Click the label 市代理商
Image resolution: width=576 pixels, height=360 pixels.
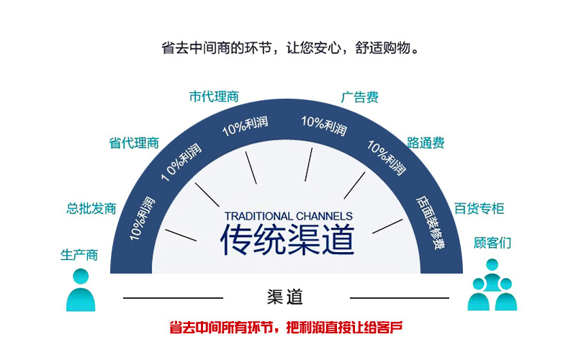coord(214,96)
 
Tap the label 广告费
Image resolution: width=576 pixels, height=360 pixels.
coord(359,97)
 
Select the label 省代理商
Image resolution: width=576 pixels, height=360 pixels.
coord(134,143)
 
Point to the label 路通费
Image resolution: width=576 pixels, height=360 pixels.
coord(426,143)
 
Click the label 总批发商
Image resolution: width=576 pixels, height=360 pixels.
coord(91,208)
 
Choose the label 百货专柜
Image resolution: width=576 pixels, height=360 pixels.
coord(479,208)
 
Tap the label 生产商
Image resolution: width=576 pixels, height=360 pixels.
coord(79,255)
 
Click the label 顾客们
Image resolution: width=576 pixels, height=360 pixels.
coord(492,243)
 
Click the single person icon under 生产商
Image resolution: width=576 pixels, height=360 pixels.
coord(81,290)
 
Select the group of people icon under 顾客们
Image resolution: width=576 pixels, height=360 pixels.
coord(492,284)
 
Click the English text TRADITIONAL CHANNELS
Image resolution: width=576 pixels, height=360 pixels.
coord(289,216)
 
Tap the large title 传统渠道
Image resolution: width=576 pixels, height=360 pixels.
coord(287,240)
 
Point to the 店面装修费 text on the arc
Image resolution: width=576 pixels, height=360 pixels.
coord(431,222)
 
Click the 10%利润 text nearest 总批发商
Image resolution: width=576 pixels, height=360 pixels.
coord(142,219)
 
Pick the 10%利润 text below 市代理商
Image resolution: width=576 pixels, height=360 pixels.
coord(245,125)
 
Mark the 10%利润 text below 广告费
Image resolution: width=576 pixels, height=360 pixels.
coord(324,125)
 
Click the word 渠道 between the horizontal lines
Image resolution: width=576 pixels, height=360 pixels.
coord(285,297)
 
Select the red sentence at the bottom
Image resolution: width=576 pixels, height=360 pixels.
coord(286,327)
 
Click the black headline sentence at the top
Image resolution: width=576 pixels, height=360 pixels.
coord(290,48)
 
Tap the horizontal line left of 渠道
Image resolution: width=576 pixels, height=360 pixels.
coord(173,298)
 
